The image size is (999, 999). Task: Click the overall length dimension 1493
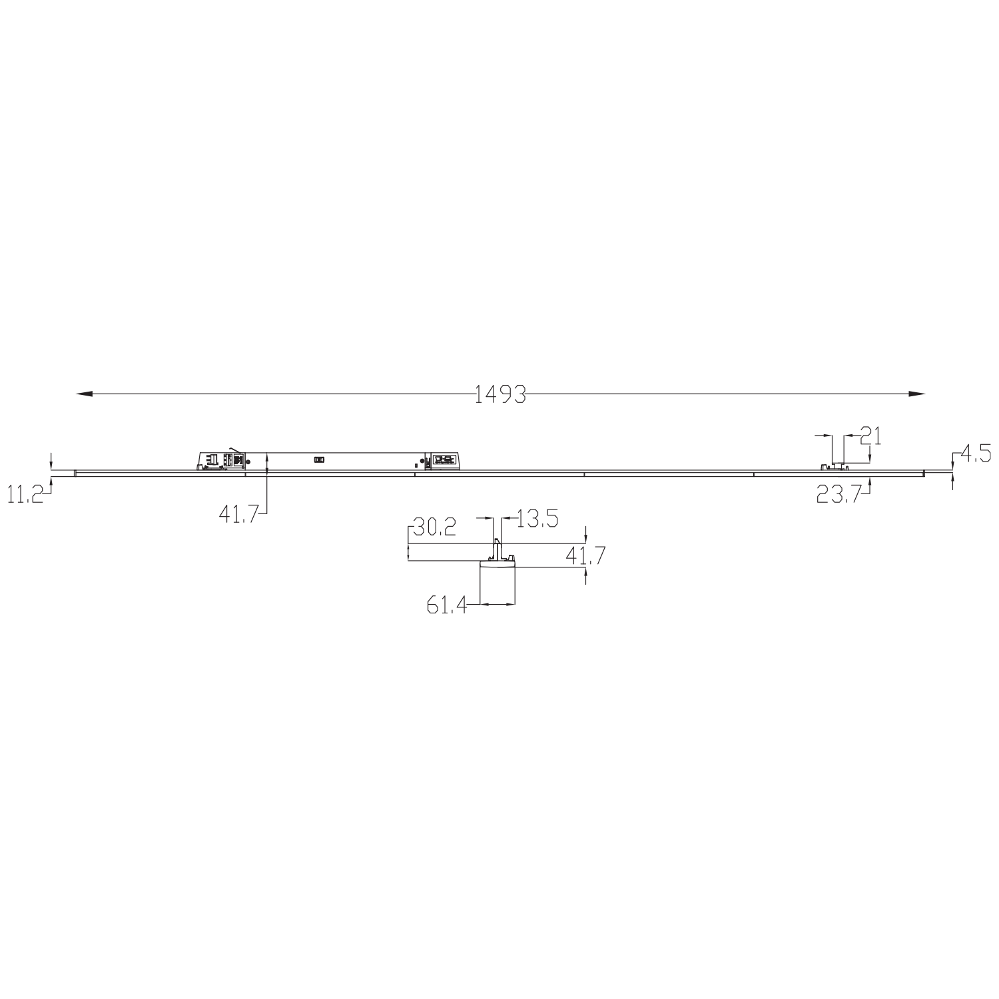coord(500,394)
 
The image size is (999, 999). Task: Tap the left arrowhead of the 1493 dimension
coord(83,394)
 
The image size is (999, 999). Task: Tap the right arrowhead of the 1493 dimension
coord(918,394)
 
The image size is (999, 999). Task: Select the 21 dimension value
coord(871,436)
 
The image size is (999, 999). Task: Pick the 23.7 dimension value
coord(840,494)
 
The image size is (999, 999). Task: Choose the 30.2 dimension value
coord(435,528)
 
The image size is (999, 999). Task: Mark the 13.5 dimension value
coord(537,518)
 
